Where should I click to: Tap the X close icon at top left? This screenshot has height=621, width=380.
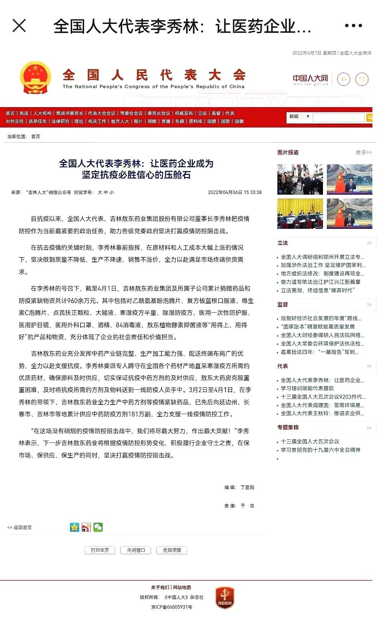coord(19,26)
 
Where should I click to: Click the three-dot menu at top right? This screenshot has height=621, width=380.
coord(353,26)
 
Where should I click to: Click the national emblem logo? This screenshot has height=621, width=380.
coord(35,78)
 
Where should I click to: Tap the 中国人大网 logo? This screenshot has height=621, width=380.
coord(310,79)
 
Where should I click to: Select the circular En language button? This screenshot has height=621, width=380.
coord(344,79)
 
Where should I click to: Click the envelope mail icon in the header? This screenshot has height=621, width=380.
coord(362,79)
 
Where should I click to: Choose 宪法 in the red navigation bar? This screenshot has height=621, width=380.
coord(24,113)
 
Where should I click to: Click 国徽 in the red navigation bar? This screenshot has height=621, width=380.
coord(239,121)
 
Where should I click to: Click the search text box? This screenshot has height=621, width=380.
coord(338,118)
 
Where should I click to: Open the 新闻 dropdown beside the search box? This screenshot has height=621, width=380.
coord(299,117)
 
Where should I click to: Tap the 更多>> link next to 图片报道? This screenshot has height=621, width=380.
coord(364,152)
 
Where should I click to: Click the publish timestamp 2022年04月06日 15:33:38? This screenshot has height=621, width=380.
coord(235,193)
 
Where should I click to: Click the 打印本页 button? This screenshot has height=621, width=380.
coord(100,550)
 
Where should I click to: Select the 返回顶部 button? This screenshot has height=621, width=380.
coord(172,550)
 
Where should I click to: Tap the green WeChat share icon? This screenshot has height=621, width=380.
coord(98,527)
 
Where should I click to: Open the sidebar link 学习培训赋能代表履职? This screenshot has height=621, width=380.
coord(307,388)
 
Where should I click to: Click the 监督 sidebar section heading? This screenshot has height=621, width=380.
coord(283,305)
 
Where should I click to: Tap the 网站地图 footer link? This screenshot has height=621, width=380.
coord(182,588)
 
